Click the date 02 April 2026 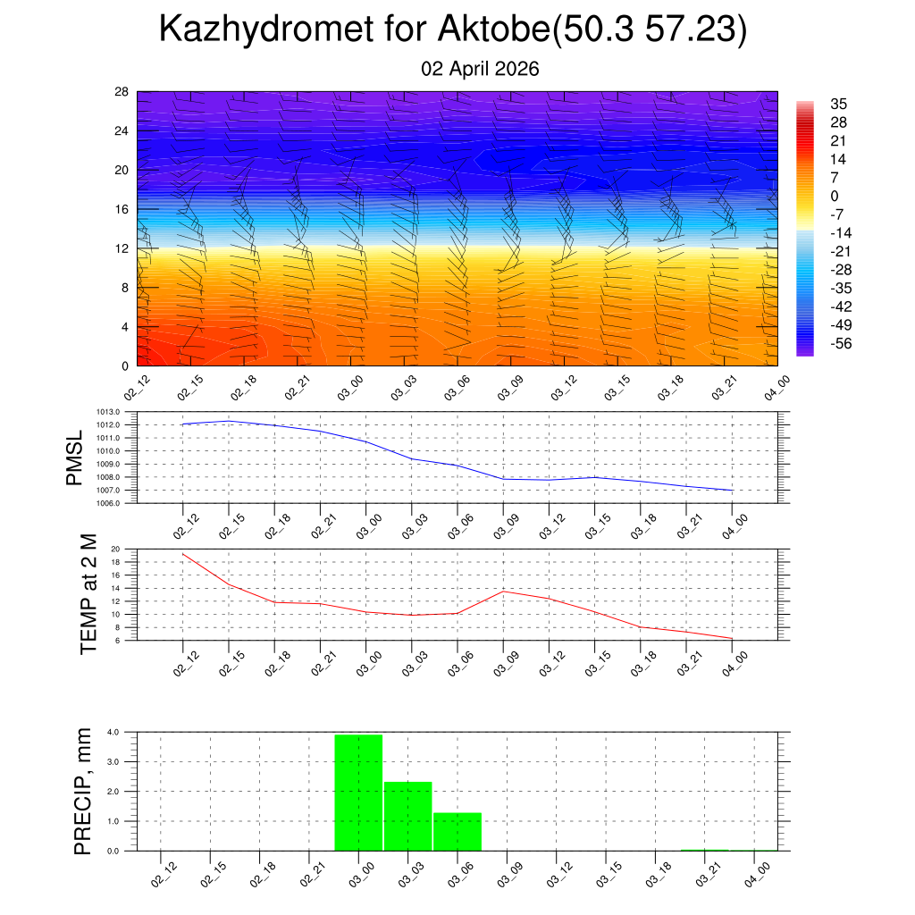pyautogui.click(x=480, y=69)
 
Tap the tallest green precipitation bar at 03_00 pyautogui.click(x=358, y=792)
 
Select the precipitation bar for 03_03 pyautogui.click(x=408, y=816)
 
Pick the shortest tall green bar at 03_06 pyautogui.click(x=457, y=831)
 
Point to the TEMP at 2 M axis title pyautogui.click(x=88, y=594)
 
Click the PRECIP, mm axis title pyautogui.click(x=83, y=791)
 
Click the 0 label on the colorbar pyautogui.click(x=834, y=196)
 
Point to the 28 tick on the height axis pyautogui.click(x=122, y=92)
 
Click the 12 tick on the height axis pyautogui.click(x=122, y=248)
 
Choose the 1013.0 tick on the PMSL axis pyautogui.click(x=113, y=412)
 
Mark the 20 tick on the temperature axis pyautogui.click(x=115, y=550)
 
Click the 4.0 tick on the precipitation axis pyautogui.click(x=113, y=733)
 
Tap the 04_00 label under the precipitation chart pyautogui.click(x=759, y=873)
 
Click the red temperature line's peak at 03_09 pyautogui.click(x=503, y=591)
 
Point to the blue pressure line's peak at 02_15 pyautogui.click(x=229, y=421)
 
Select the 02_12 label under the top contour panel pyautogui.click(x=138, y=390)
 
